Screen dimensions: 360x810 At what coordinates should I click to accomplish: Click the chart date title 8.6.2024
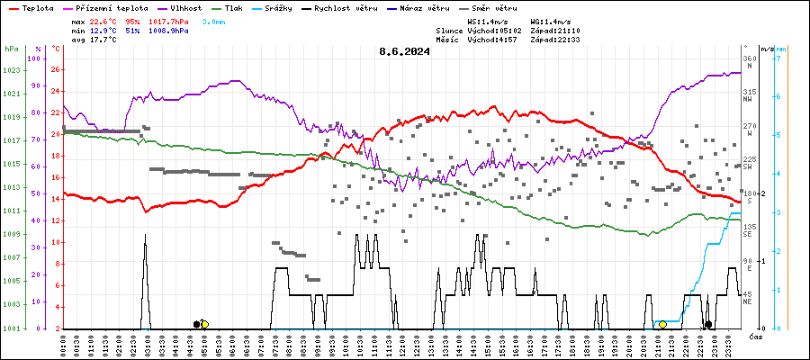(404, 51)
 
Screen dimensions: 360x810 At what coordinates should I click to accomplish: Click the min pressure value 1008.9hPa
(168, 30)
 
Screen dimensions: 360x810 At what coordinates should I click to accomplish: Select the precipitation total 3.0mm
(214, 20)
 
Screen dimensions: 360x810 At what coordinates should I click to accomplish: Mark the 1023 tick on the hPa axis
(12, 69)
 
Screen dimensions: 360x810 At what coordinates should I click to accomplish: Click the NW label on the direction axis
(747, 100)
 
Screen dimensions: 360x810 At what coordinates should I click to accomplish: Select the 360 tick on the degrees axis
(749, 58)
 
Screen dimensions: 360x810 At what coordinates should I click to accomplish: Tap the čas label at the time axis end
(757, 336)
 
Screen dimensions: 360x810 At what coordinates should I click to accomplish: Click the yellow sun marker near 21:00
(663, 324)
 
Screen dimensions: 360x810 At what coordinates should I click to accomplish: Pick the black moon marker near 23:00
(708, 324)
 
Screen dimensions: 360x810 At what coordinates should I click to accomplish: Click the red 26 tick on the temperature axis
(56, 69)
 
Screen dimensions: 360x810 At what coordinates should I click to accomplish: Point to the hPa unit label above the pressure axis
(11, 48)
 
